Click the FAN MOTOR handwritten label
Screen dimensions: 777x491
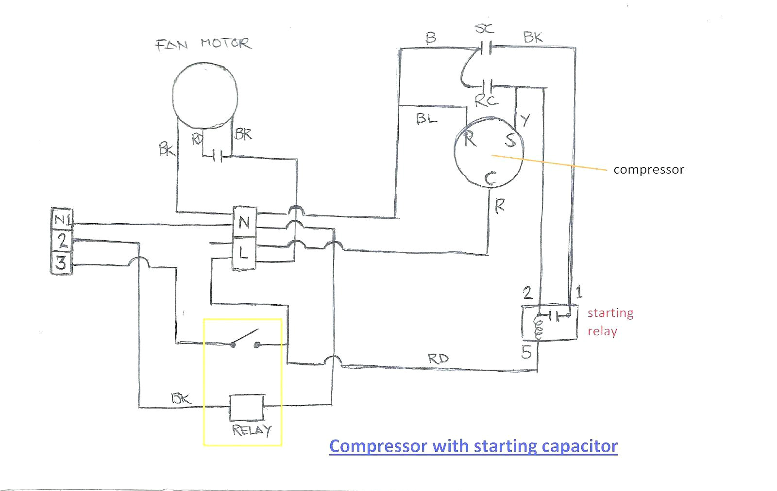[x=203, y=44]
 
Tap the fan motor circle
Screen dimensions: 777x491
[x=205, y=96]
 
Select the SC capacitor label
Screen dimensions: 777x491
[x=484, y=29]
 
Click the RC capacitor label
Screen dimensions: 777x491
[x=486, y=101]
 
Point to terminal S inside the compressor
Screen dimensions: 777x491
[x=510, y=140]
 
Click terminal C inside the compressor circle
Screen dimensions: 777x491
[x=490, y=179]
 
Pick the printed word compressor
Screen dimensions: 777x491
[x=648, y=170]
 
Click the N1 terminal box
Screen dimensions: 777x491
[x=62, y=220]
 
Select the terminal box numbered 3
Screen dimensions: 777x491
[x=61, y=263]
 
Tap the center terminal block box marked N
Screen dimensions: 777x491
[x=244, y=223]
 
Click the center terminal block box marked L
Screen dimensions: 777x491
[x=244, y=252]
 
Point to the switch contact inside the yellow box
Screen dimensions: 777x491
[x=245, y=339]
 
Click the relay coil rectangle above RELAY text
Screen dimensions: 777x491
[x=247, y=407]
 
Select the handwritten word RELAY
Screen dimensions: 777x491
[x=251, y=430]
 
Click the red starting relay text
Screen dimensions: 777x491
[x=610, y=322]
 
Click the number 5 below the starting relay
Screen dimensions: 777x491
[x=526, y=353]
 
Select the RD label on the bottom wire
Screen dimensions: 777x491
[x=438, y=359]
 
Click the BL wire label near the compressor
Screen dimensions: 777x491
[x=426, y=118]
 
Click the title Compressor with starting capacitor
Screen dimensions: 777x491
[x=473, y=445]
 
